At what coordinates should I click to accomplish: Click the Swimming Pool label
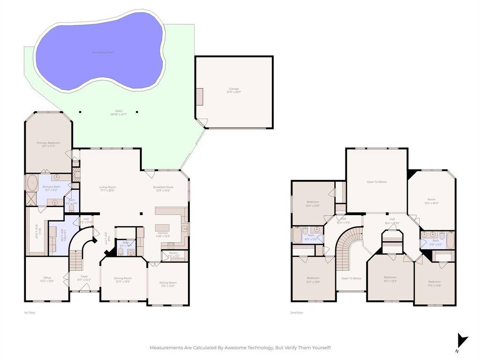[103, 52]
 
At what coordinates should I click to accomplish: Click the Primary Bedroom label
[49, 144]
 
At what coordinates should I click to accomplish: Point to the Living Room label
[108, 188]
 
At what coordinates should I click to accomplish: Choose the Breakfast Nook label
[163, 188]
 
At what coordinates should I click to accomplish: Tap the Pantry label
[173, 254]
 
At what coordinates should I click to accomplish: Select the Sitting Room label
[168, 284]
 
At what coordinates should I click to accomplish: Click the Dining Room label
[123, 280]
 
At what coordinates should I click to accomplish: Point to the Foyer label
[84, 278]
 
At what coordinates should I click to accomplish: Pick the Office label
[47, 279]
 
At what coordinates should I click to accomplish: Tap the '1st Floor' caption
[30, 313]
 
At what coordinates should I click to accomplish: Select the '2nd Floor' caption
[297, 313]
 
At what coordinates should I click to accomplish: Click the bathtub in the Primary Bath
[32, 183]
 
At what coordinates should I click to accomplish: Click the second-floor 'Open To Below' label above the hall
[376, 182]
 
